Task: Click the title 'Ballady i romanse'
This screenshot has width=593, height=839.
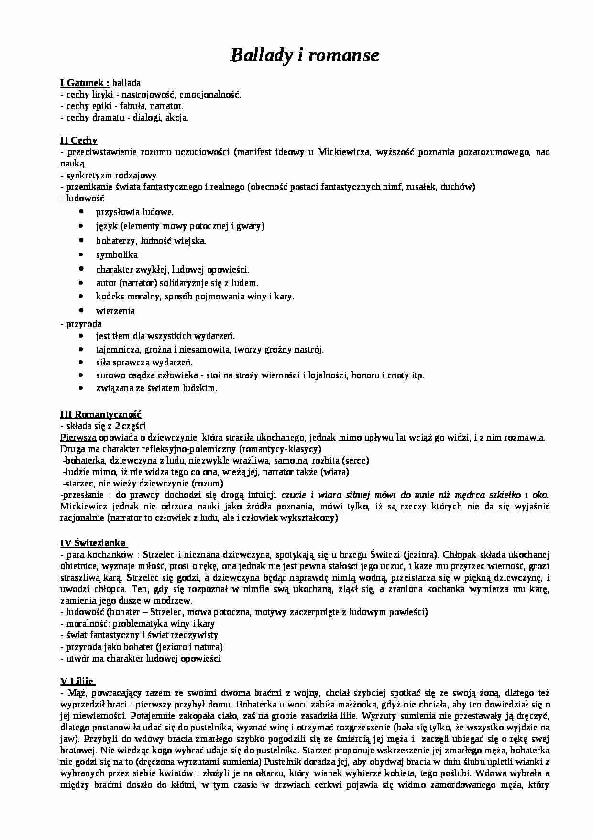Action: [305, 56]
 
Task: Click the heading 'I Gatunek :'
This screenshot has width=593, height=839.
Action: [85, 82]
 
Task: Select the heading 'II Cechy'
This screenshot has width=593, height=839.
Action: [78, 140]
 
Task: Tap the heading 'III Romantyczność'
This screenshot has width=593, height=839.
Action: [101, 414]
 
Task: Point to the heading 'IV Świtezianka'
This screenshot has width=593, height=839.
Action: [93, 543]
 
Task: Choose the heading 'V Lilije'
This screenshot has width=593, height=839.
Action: [77, 681]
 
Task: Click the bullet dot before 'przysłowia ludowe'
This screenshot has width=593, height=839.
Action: [82, 211]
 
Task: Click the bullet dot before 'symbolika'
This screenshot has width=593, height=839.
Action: [82, 254]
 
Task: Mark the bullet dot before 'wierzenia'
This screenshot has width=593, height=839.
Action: [82, 310]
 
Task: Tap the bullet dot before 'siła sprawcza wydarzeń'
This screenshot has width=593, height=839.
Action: [82, 362]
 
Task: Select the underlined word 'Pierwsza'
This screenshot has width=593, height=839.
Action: [78, 437]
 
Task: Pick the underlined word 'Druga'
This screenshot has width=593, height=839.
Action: [73, 449]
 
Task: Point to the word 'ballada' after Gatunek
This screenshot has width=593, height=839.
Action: [126, 83]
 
